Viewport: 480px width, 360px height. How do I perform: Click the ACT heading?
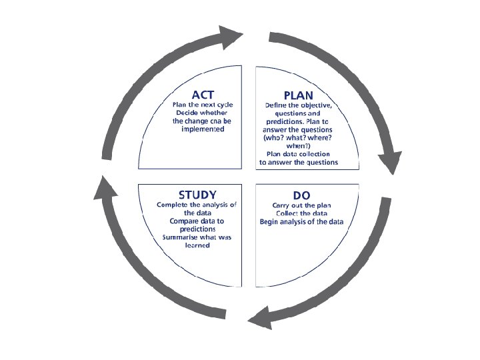coord(203,95)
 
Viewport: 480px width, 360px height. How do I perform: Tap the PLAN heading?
coord(298,95)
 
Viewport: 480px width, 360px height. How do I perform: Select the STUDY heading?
coord(197,195)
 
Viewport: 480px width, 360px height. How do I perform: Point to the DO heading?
coord(301,195)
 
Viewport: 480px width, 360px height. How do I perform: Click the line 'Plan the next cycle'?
coord(203,105)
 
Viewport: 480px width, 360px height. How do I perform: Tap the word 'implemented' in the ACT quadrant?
coord(203,129)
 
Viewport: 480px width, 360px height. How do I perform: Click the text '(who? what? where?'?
coord(299,137)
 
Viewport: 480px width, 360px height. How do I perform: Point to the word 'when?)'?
coord(299,145)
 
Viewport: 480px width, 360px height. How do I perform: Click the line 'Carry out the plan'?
coord(301,205)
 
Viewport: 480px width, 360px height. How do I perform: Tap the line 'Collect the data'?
coord(301,213)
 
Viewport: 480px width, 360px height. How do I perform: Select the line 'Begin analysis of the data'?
coord(301,221)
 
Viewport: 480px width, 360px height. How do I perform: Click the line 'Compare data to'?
coord(197,221)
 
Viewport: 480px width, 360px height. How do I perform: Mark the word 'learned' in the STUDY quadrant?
coord(197,245)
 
